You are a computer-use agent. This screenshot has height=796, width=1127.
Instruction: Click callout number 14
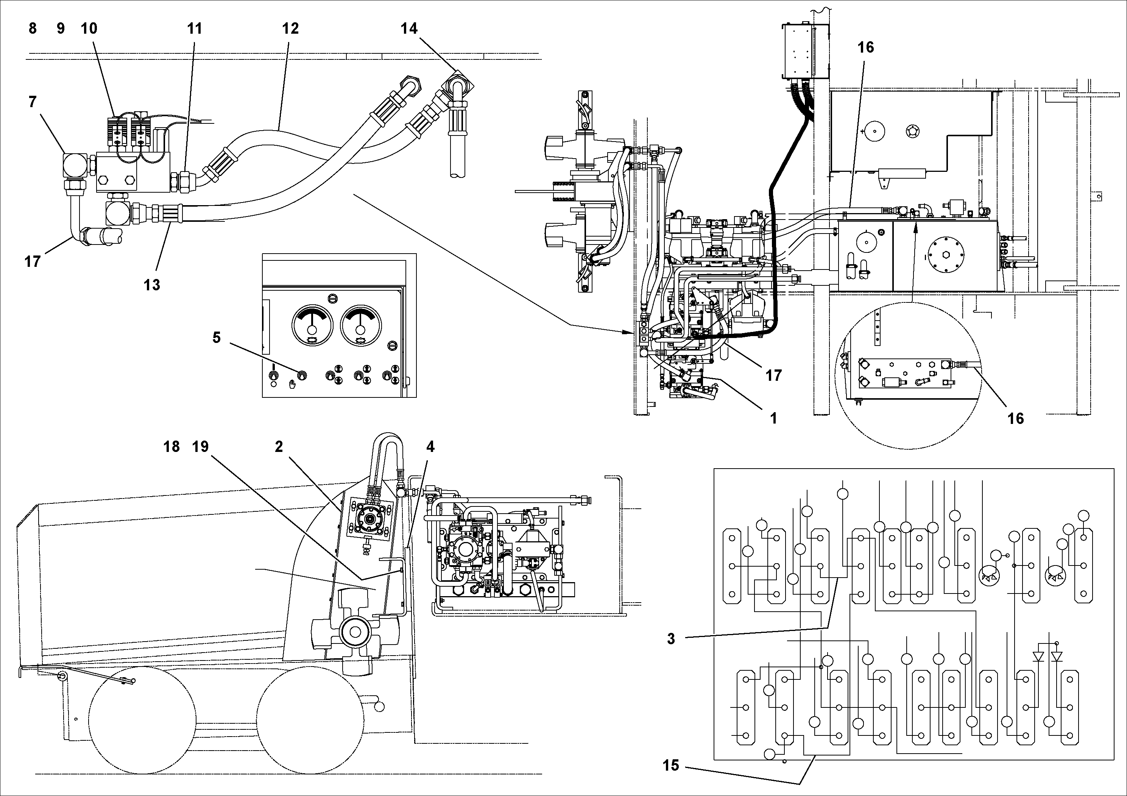pos(409,28)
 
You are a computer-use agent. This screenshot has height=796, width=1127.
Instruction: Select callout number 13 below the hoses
pos(152,285)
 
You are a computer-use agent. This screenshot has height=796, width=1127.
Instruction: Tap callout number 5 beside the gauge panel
pos(217,338)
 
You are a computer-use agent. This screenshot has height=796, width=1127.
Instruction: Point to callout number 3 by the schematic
pos(671,639)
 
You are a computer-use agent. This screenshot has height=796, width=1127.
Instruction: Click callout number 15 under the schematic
pos(671,765)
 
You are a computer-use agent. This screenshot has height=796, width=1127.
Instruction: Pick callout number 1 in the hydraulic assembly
pos(773,418)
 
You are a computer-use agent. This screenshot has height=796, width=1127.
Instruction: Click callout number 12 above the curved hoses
pos(290,28)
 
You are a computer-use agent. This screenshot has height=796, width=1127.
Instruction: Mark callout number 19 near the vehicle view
pos(201,447)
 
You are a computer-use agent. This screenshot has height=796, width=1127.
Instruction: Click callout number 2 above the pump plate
pos(279,447)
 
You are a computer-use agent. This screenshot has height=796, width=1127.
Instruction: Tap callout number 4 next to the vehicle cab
pos(430,447)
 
